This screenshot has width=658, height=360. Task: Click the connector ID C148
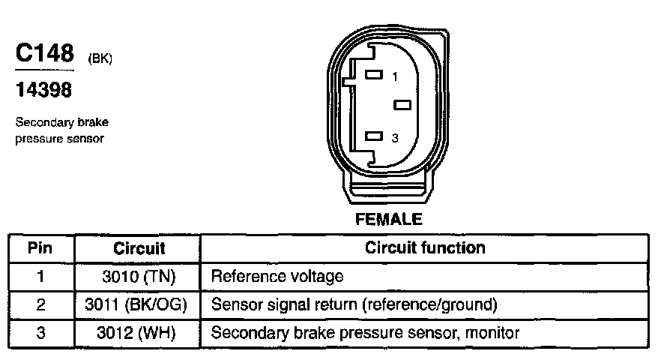(x=45, y=54)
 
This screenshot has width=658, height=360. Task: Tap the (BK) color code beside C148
(x=100, y=59)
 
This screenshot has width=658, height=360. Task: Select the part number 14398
(x=44, y=91)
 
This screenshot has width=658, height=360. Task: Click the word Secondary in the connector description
(x=37, y=124)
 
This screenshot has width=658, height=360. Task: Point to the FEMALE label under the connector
(x=388, y=220)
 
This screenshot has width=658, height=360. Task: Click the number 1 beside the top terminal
(x=395, y=76)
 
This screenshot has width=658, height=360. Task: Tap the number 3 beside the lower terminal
(x=395, y=137)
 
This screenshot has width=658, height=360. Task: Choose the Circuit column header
(x=139, y=248)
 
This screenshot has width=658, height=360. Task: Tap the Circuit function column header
(x=424, y=247)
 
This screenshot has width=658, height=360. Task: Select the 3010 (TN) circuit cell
(x=139, y=277)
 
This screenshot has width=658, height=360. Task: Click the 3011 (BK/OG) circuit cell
(x=139, y=305)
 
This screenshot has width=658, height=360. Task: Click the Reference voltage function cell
(x=277, y=277)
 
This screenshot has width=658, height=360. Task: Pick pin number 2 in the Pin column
(x=41, y=305)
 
